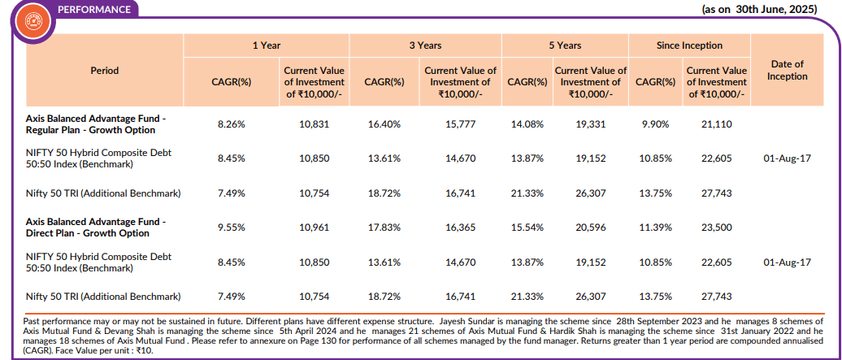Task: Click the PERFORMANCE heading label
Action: point(94,10)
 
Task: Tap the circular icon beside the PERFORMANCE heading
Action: point(33,21)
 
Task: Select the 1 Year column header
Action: point(266,46)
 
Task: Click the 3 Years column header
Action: point(425,46)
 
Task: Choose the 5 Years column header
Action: point(565,46)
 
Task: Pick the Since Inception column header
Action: point(689,46)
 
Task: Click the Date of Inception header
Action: point(787,70)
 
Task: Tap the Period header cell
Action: point(104,71)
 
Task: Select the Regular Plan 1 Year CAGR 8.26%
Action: point(231,124)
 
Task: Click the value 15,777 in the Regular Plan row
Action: point(460,124)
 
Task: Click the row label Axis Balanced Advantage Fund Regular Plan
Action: point(95,124)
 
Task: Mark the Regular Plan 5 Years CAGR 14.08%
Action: point(527,124)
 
